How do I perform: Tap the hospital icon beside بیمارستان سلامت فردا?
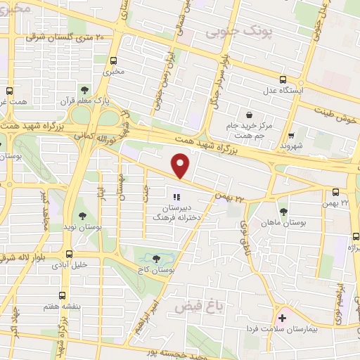click(x=282, y=319)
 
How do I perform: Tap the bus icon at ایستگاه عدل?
click(x=283, y=79)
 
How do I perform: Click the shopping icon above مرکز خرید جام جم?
click(x=249, y=113)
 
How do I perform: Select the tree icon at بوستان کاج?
click(x=155, y=259)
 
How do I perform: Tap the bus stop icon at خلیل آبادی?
click(x=69, y=254)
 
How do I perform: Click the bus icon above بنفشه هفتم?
click(x=63, y=296)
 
